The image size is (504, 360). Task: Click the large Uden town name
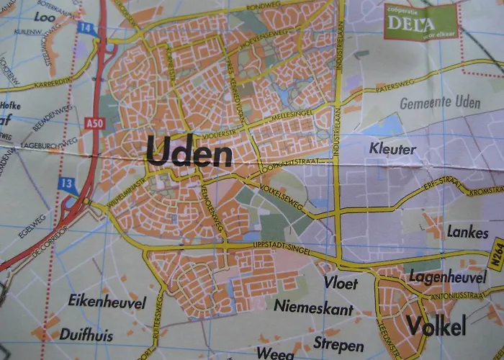pyautogui.click(x=189, y=153)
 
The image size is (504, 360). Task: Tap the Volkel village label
pyautogui.click(x=436, y=325)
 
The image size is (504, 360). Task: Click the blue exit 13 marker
pyautogui.click(x=67, y=185)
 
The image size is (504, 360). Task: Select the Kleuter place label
pyautogui.click(x=392, y=149)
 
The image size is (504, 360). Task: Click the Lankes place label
pyautogui.click(x=467, y=233)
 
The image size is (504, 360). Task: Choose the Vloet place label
pyautogui.click(x=341, y=283)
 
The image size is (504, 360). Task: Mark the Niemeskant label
pyautogui.click(x=313, y=308)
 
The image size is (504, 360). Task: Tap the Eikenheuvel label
pyautogui.click(x=107, y=301)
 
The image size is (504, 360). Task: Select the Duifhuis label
pyautogui.click(x=88, y=333)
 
